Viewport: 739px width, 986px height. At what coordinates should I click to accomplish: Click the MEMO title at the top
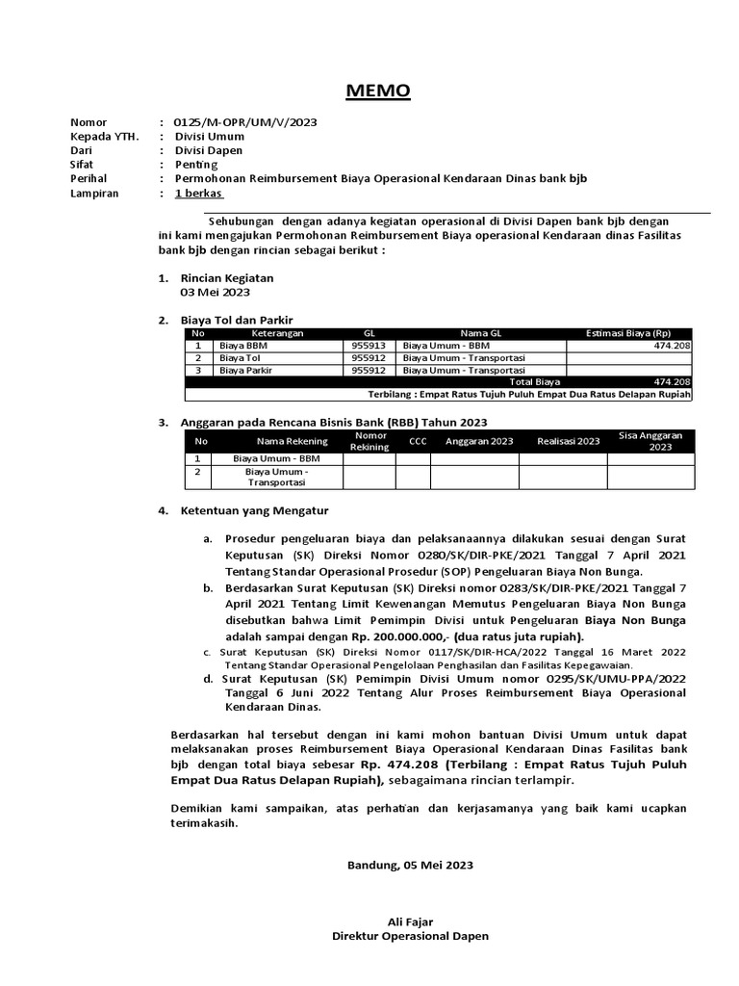tap(378, 91)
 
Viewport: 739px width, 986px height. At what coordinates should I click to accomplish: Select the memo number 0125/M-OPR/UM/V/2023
tap(245, 122)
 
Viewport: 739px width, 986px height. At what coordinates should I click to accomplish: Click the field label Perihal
tap(89, 179)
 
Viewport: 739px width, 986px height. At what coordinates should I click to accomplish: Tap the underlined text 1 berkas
tap(198, 194)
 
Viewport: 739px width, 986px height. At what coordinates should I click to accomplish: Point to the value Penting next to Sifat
tap(196, 165)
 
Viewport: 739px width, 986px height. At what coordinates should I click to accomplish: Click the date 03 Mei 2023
tap(216, 293)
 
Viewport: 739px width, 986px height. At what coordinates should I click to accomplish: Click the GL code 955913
tap(369, 345)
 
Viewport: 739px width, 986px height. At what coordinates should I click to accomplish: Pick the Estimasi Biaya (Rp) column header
tap(629, 333)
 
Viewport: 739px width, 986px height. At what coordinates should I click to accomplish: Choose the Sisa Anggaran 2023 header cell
tap(650, 442)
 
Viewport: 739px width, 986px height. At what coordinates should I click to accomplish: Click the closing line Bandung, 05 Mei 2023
tap(410, 865)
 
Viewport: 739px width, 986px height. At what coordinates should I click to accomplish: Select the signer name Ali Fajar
tap(410, 921)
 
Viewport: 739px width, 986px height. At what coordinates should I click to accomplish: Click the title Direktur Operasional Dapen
tap(410, 936)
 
